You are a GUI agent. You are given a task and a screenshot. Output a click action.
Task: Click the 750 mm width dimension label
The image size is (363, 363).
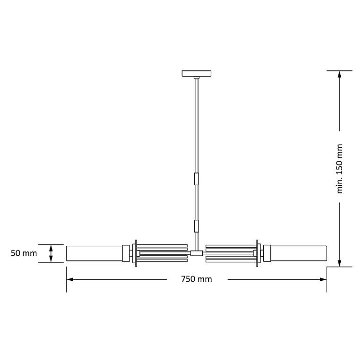click(x=196, y=279)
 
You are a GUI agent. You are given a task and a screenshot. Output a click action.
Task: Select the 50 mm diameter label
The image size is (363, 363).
click(x=24, y=253)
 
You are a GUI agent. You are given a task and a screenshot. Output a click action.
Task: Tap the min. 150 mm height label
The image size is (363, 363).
click(x=339, y=169)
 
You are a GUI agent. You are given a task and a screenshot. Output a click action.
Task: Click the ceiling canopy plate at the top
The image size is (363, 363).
click(x=197, y=73)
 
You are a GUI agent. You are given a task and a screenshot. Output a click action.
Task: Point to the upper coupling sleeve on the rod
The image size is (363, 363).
click(x=197, y=179)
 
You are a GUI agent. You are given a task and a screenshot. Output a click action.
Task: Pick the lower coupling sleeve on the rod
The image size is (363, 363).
click(x=197, y=226)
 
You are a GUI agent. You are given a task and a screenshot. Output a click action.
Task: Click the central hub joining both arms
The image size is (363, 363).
click(x=197, y=253)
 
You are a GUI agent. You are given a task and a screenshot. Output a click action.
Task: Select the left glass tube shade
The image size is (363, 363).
click(x=95, y=253)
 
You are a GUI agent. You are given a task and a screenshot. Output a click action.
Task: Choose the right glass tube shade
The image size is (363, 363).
click(x=299, y=253)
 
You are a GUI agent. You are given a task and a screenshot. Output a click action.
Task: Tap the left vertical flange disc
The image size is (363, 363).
click(x=136, y=253)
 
